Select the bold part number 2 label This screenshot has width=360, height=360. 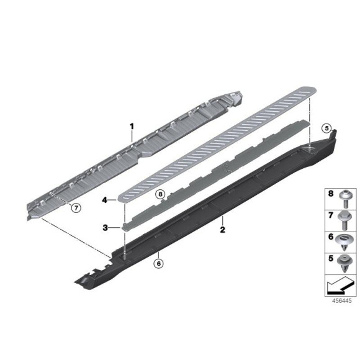pyautogui.click(x=222, y=230)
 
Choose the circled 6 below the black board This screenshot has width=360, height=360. pyautogui.click(x=158, y=263)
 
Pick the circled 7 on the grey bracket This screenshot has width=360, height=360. pyautogui.click(x=76, y=208)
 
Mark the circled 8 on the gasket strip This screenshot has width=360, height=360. pyautogui.click(x=160, y=194)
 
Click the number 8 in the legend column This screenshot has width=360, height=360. pyautogui.click(x=331, y=194)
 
